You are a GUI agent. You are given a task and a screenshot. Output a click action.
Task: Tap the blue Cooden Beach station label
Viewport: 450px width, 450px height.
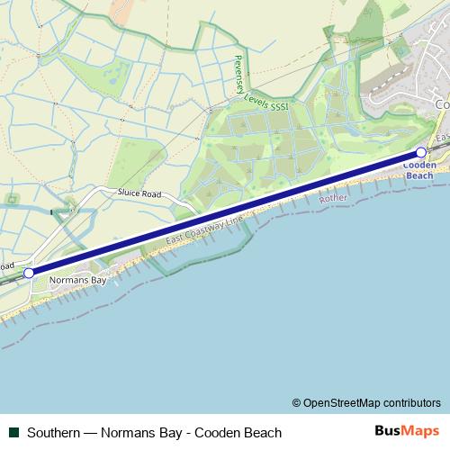coord(419,171)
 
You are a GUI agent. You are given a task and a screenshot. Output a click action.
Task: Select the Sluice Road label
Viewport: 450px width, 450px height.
coord(139,193)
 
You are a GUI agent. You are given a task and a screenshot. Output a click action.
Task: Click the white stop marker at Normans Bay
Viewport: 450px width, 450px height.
coord(29,272)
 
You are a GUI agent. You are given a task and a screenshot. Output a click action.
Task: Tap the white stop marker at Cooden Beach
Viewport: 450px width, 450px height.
coord(421,153)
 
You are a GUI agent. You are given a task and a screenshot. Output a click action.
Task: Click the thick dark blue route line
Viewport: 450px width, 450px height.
coord(225,212)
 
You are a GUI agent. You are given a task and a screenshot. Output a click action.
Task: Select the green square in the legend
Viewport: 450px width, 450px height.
coord(13,432)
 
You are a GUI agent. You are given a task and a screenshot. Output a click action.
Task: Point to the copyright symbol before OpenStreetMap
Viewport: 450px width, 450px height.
coord(297,402)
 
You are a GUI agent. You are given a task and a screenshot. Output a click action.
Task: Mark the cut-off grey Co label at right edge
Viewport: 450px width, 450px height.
coord(442,104)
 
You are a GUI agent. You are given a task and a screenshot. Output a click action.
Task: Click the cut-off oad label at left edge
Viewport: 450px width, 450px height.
coord(9,265)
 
